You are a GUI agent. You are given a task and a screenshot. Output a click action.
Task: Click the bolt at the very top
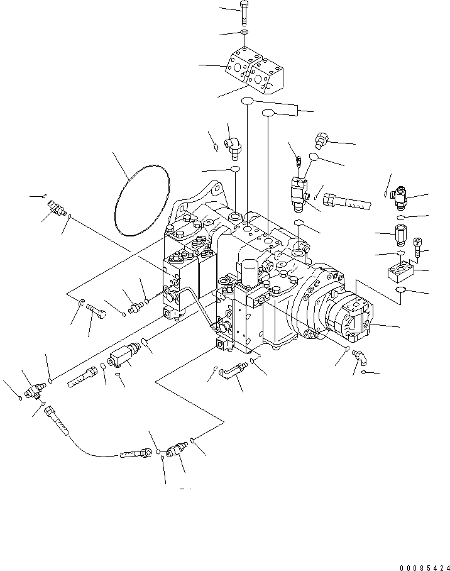[x=244, y=13]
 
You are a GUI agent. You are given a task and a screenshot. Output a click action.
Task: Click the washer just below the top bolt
[x=244, y=33]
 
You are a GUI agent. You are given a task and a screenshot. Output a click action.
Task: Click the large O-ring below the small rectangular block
[x=400, y=290]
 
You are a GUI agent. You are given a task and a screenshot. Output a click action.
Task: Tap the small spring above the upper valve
[x=298, y=162]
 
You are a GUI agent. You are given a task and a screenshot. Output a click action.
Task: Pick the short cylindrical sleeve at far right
[x=400, y=233]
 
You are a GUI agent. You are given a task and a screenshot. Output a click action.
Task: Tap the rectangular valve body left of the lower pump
[x=123, y=354]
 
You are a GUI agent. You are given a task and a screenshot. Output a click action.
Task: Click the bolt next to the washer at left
[x=96, y=309]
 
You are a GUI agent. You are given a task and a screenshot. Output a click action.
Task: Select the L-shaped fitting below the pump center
[x=233, y=371]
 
